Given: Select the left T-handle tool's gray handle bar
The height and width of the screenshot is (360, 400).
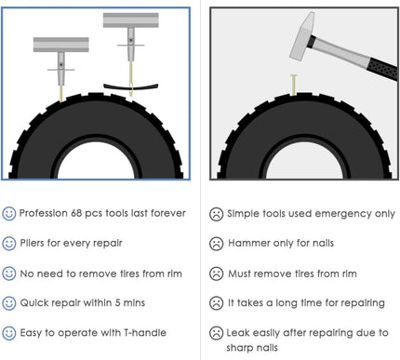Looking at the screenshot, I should (x=60, y=44).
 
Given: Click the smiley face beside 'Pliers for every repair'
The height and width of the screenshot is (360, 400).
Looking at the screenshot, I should (x=9, y=243).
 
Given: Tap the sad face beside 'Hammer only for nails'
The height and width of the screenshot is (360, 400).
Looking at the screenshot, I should (x=216, y=243).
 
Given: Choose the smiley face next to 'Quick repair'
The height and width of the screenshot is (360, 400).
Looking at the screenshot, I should (x=9, y=302).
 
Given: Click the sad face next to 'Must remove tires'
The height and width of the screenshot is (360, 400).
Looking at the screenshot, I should (x=216, y=273).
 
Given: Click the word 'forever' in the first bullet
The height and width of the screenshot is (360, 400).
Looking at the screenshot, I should (x=160, y=213).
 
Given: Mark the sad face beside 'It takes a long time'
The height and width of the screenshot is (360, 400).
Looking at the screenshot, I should (x=216, y=302).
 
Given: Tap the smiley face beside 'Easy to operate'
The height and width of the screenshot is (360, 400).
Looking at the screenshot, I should (x=9, y=332).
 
